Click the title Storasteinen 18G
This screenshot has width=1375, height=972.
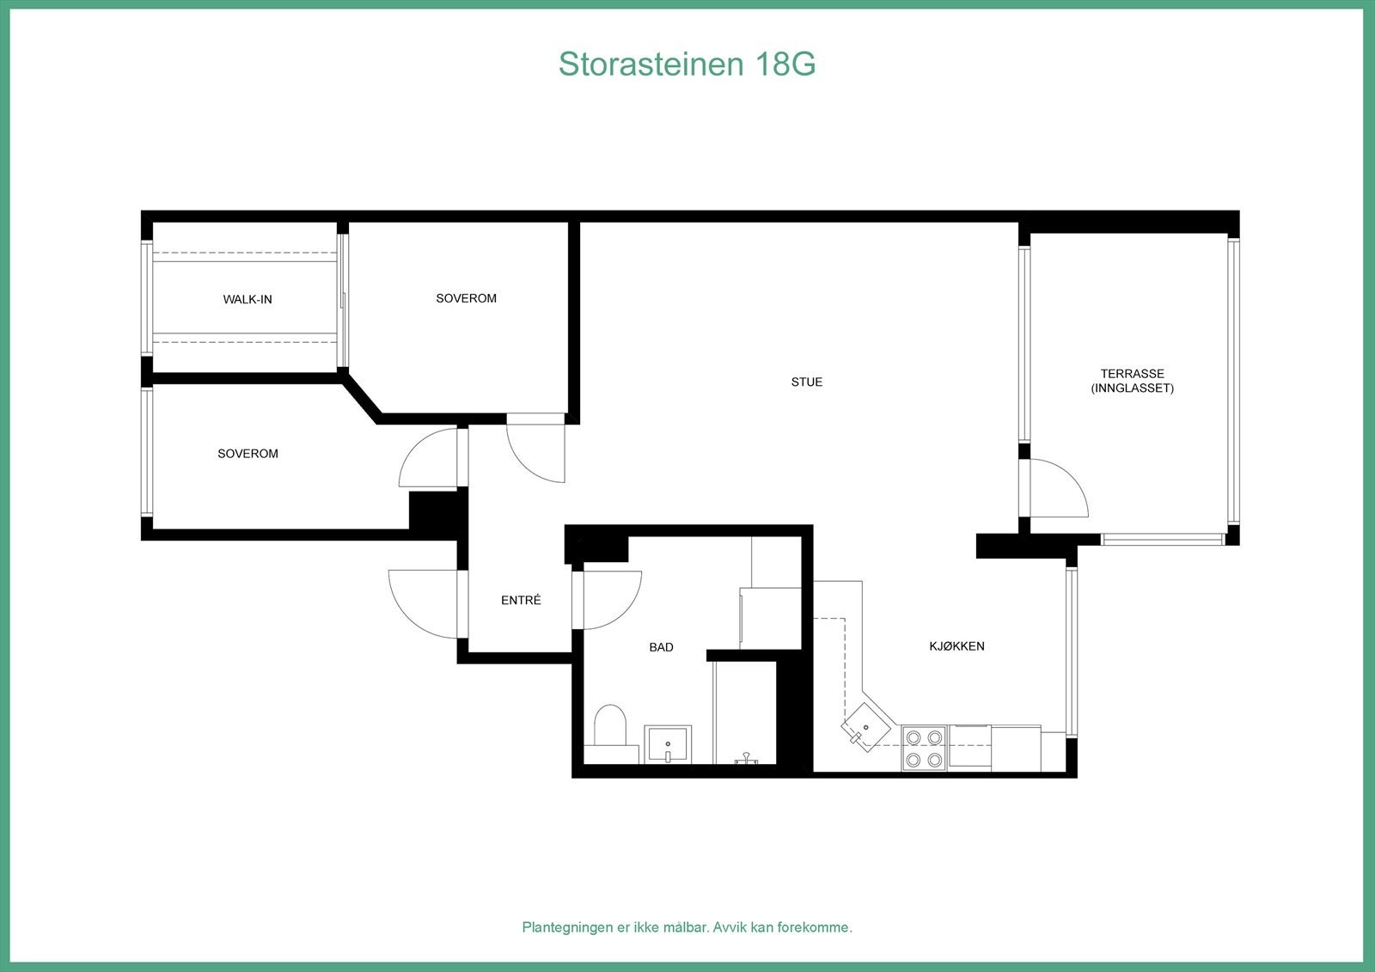687,64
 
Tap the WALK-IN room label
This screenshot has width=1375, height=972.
247,299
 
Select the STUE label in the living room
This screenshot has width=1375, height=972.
806,382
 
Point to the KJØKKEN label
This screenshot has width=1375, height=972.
956,645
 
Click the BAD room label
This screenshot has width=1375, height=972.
661,647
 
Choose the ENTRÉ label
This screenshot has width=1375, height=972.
521,601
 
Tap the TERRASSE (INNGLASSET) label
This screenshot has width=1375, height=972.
1132,381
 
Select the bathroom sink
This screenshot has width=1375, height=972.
668,743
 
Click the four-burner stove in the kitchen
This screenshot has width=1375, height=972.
924,748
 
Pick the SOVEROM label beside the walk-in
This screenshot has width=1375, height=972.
466,298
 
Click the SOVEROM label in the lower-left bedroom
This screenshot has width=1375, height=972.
247,454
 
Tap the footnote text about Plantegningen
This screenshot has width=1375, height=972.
687,927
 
